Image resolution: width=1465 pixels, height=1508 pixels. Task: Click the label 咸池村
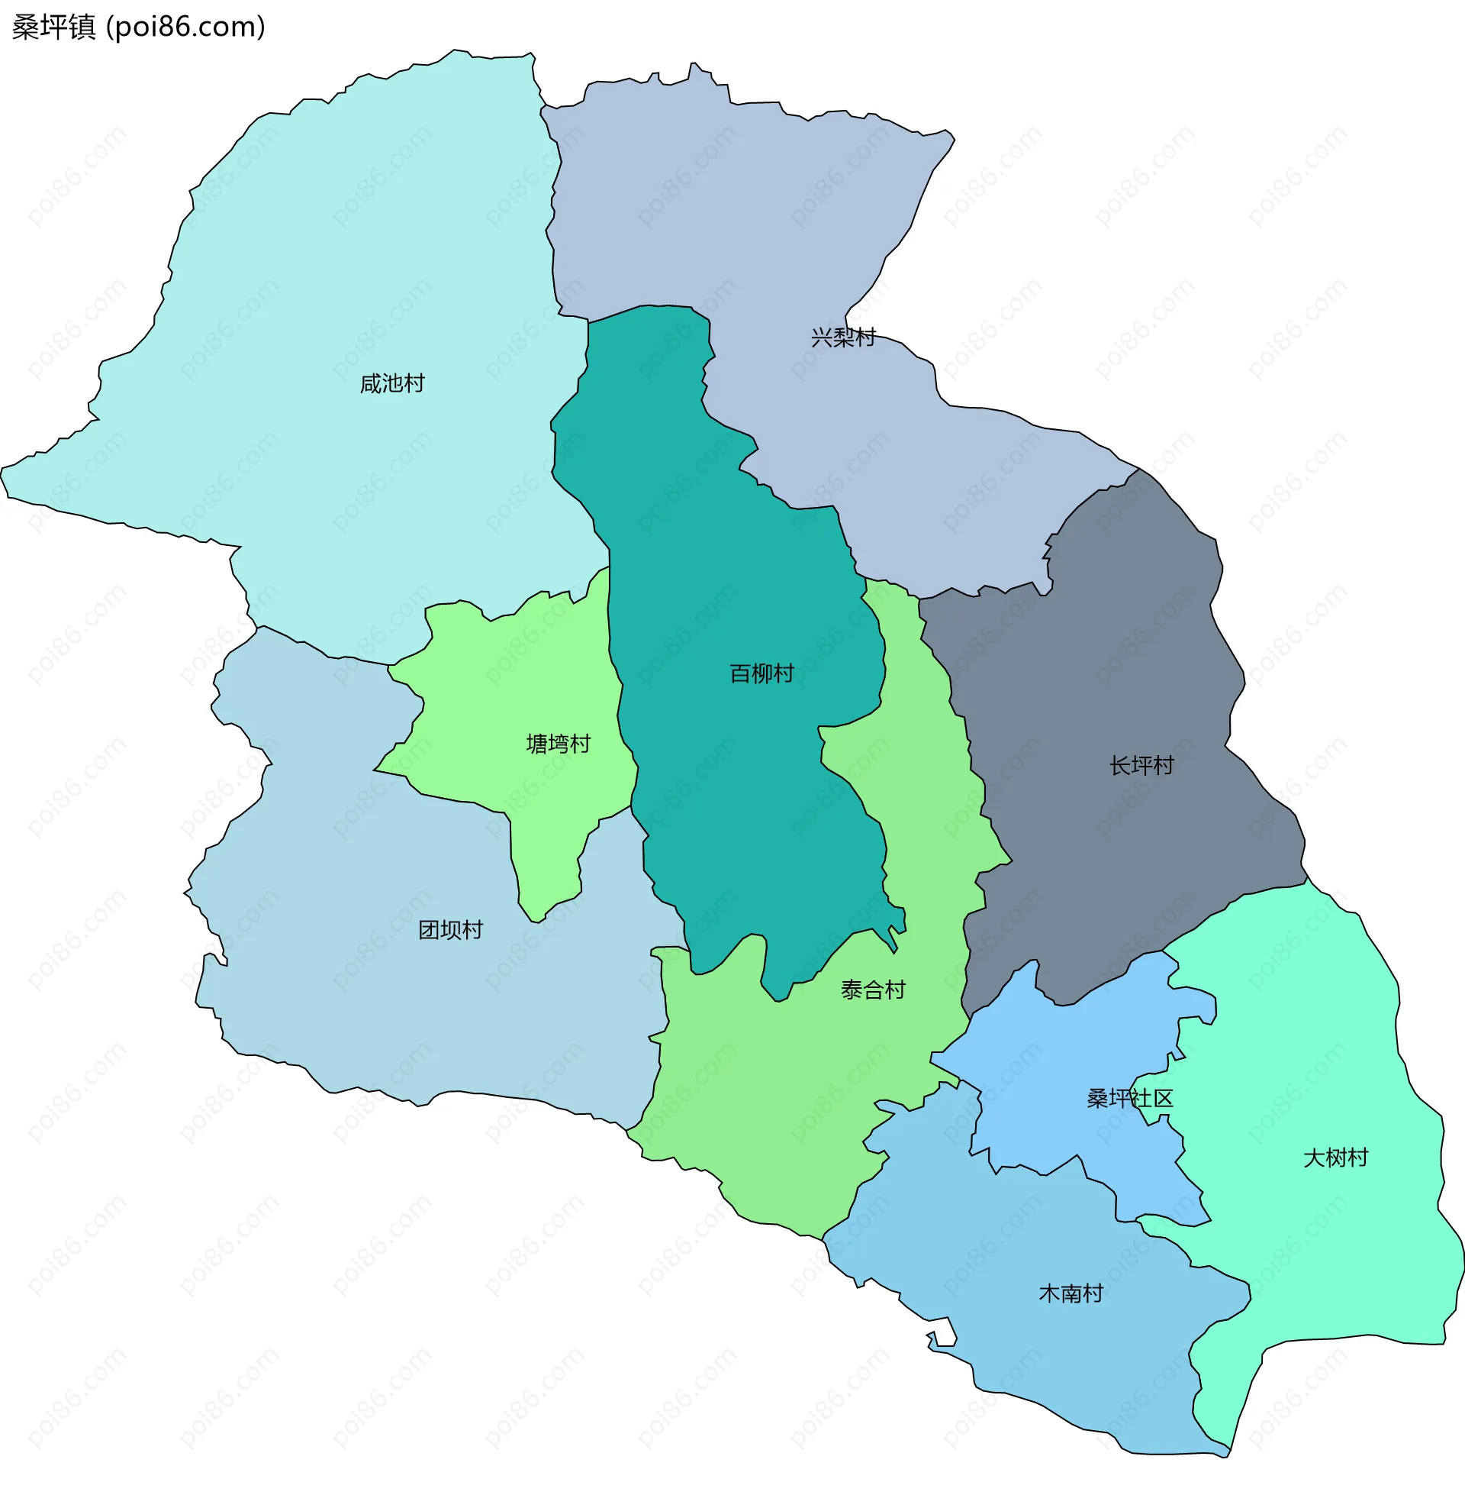[x=391, y=383]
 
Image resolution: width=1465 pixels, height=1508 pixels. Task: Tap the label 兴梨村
[x=842, y=337]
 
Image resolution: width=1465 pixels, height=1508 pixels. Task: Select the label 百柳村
[x=761, y=673]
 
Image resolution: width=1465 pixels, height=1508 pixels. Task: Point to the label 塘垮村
[x=558, y=744]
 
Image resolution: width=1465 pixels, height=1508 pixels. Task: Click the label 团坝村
[x=450, y=930]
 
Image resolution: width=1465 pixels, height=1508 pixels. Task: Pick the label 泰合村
[x=873, y=990]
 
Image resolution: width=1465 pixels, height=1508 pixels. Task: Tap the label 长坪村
[x=1141, y=765]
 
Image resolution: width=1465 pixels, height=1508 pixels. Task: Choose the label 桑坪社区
[x=1129, y=1099]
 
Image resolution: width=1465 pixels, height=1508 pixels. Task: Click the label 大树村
[x=1335, y=1158]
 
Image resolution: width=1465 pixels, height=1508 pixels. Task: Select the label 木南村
[x=1071, y=1293]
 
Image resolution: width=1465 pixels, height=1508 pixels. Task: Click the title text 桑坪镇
[x=54, y=27]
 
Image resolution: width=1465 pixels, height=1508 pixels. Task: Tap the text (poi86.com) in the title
[x=185, y=27]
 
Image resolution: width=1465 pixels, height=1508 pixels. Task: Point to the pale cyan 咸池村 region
[x=346, y=270]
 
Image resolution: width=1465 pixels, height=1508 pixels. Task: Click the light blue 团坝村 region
[x=385, y=1001]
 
